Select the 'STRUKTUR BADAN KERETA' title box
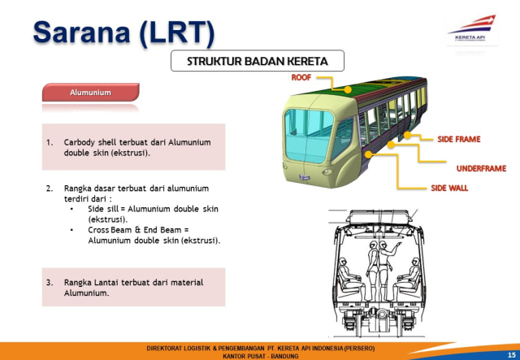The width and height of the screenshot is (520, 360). (x=257, y=62)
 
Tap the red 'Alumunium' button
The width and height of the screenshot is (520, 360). (x=90, y=93)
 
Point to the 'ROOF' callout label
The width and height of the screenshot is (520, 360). (x=301, y=77)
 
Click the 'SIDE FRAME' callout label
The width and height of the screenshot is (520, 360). (x=459, y=140)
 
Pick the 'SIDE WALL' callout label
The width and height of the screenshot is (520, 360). (x=449, y=188)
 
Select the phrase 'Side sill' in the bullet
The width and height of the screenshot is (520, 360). (x=104, y=209)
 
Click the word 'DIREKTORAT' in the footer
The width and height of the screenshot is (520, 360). (x=165, y=347)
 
